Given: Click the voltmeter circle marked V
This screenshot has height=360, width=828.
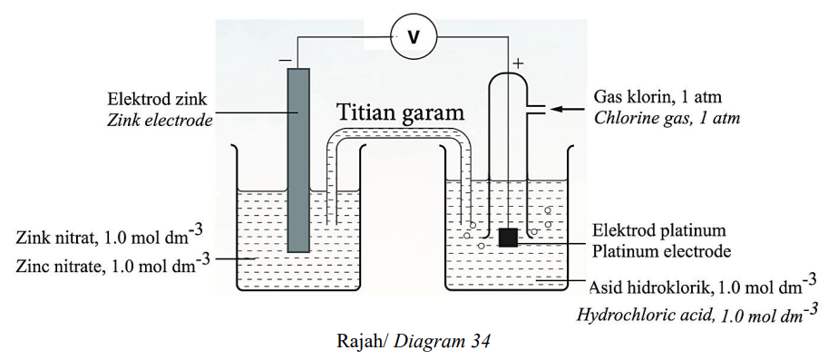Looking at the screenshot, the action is coord(414,36).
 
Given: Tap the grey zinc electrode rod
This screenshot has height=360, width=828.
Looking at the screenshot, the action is coord(297,161).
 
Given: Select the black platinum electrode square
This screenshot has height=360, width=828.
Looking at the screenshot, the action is coord(508,238).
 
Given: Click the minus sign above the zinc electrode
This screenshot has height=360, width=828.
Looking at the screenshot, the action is coord(285,60).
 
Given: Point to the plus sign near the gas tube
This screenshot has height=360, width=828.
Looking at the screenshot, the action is coord(518,63).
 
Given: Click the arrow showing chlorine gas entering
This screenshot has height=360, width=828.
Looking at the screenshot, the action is coord(569,109).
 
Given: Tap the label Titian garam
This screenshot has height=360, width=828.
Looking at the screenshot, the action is coord(399,112).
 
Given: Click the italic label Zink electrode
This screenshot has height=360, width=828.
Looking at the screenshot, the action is coord(160,120).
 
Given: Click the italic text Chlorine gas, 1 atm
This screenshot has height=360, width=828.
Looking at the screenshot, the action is coord(667,118).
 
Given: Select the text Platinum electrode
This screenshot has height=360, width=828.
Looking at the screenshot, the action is coord(662,251).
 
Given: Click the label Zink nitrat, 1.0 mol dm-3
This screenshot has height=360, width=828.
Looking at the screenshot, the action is coord(110,234).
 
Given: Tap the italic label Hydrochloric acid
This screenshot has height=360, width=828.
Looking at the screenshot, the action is coord(640,316).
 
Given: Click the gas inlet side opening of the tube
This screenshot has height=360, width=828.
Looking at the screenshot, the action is coord(537,109).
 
